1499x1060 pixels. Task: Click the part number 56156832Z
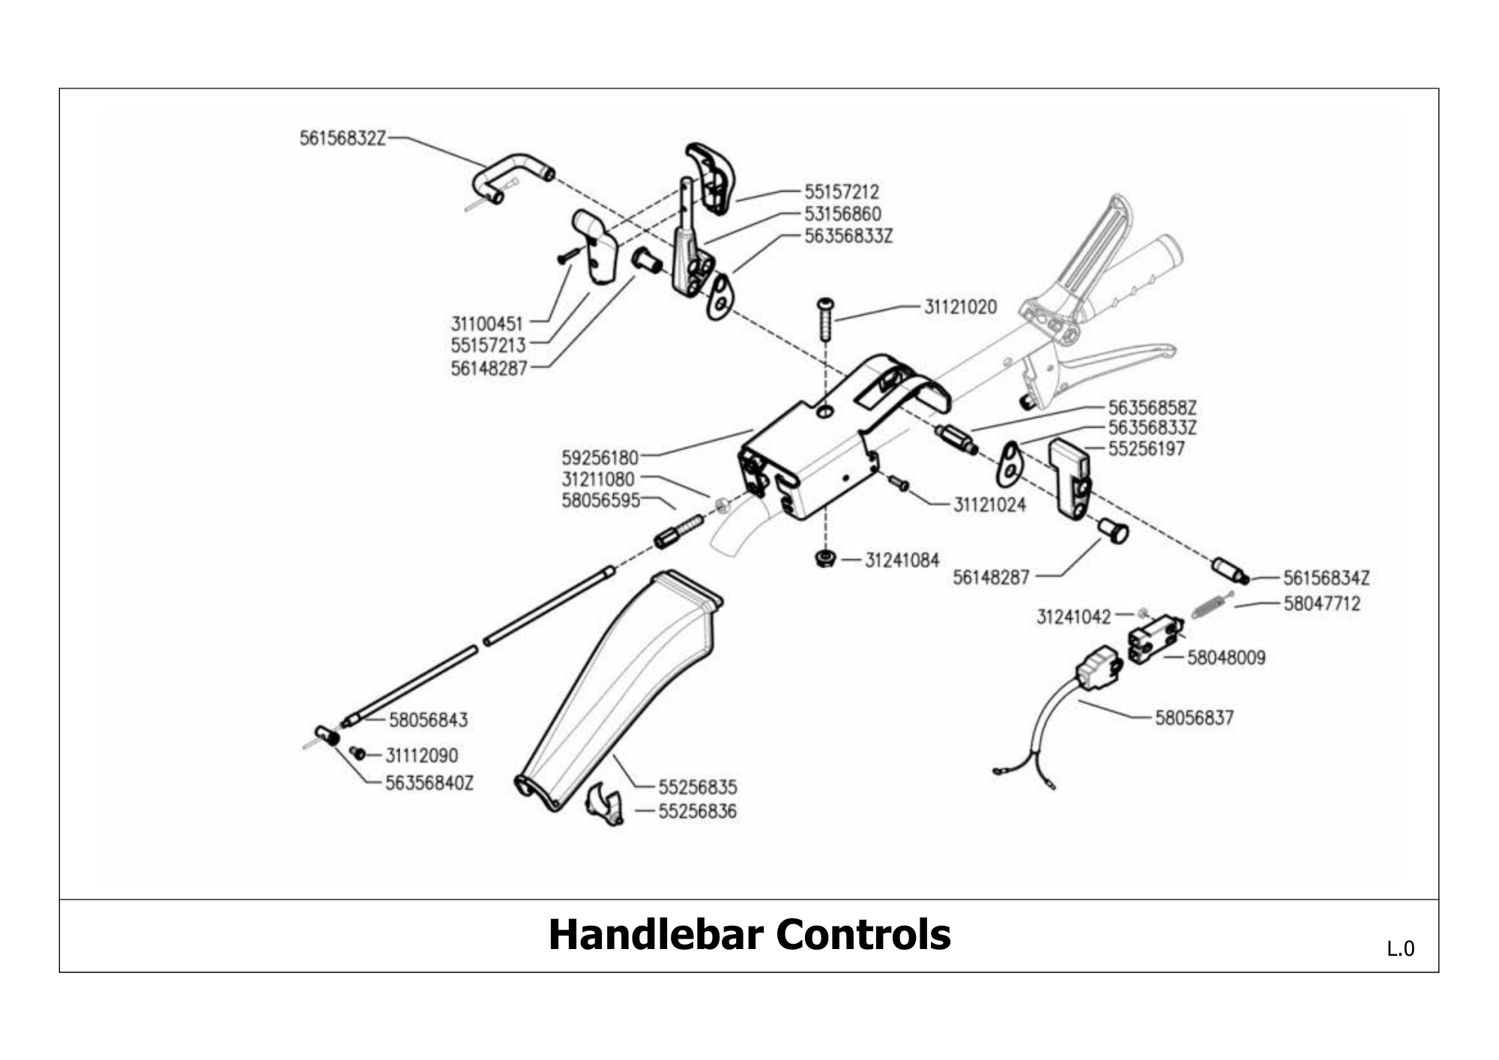point(343,139)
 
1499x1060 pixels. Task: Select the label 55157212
point(842,192)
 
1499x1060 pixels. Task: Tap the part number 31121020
point(960,307)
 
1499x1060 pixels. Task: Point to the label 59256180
point(600,457)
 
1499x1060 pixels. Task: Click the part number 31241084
point(902,561)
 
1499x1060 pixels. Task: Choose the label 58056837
point(1194,718)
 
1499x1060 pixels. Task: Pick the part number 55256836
point(697,812)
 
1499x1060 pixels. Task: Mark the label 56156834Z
point(1326,579)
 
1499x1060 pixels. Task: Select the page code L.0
point(1400,949)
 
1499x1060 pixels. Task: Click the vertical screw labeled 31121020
point(825,319)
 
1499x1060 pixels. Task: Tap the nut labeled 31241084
point(825,559)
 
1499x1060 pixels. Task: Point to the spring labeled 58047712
point(1211,604)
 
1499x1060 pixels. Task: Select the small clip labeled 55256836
point(604,804)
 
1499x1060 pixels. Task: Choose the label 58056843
point(428,720)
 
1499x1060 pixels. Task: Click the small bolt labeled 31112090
point(357,752)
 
